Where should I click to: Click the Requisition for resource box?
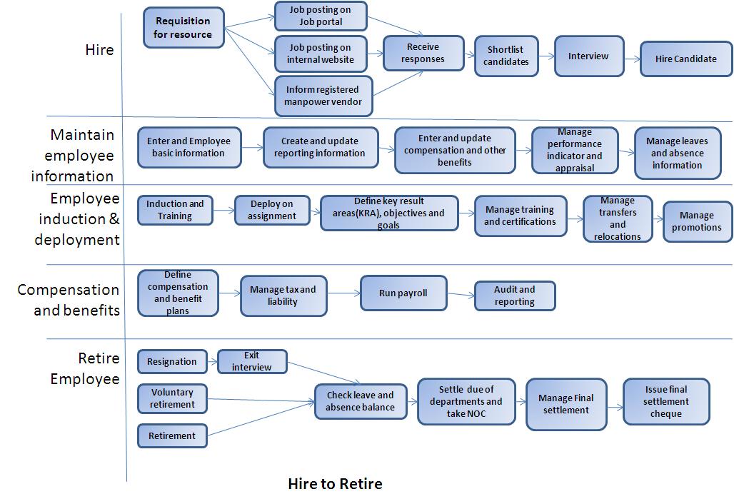(x=183, y=28)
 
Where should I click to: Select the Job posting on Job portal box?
(x=321, y=16)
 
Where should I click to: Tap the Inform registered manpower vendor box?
(x=323, y=96)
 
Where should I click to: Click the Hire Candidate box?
(x=685, y=59)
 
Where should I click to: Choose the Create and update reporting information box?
(x=319, y=147)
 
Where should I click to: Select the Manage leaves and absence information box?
(x=676, y=153)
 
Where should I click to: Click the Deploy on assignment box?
(x=272, y=210)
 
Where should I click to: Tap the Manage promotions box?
(x=696, y=221)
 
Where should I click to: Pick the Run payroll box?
(x=403, y=293)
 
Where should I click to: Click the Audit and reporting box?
(x=514, y=296)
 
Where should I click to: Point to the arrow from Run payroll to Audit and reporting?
(x=461, y=293)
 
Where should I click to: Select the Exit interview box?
(x=251, y=361)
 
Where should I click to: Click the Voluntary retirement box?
(x=172, y=398)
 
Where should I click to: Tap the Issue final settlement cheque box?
(x=666, y=402)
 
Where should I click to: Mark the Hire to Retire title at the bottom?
(x=335, y=484)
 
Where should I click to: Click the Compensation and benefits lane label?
(x=69, y=300)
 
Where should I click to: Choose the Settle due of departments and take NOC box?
(x=466, y=402)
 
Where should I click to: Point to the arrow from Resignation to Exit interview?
(x=212, y=361)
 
